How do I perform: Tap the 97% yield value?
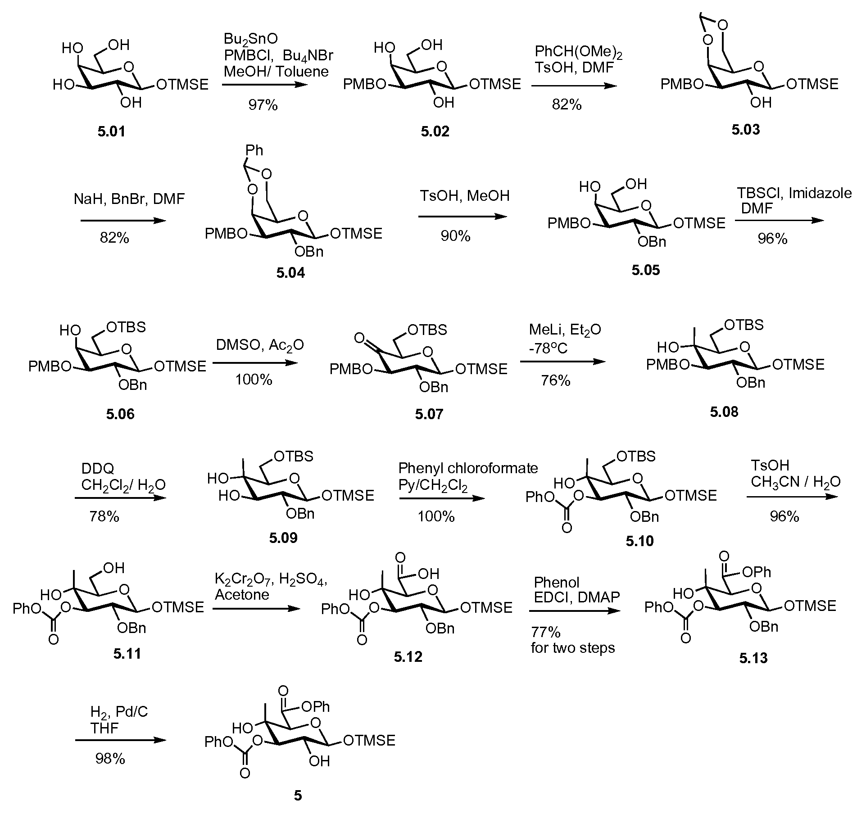(x=263, y=105)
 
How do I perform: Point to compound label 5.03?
(x=745, y=130)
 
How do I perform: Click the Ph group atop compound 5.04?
(x=254, y=150)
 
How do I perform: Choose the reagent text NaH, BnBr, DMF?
(x=129, y=199)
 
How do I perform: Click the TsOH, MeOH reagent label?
(x=465, y=196)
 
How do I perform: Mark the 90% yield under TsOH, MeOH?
(x=456, y=235)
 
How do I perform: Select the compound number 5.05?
(x=645, y=270)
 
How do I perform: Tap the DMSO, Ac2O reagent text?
(x=260, y=345)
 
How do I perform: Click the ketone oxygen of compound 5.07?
(x=359, y=337)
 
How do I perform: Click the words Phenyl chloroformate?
(x=468, y=468)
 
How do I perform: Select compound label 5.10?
(x=639, y=541)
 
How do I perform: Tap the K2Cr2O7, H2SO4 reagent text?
(x=271, y=579)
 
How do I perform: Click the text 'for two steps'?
(x=573, y=648)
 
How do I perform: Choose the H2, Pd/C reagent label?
(x=119, y=712)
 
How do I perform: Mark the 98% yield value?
(x=110, y=759)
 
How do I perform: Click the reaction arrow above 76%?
(x=562, y=362)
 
